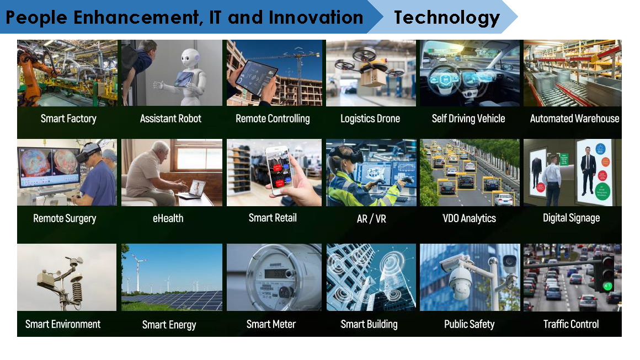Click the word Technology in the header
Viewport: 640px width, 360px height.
coord(446,18)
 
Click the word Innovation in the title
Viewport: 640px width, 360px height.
coord(316,18)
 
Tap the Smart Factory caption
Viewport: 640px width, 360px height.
coord(68,119)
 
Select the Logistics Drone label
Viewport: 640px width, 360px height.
coord(370,119)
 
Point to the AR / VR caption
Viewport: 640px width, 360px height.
coord(371,219)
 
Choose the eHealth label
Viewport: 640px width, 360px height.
coord(168,218)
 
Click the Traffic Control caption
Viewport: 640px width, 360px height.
coord(571,324)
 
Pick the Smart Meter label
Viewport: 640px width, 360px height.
coord(271,324)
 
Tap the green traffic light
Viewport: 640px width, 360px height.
coord(608,286)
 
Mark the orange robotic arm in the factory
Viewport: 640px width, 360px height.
coord(34,73)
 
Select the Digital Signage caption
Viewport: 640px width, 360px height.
coord(571,218)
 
